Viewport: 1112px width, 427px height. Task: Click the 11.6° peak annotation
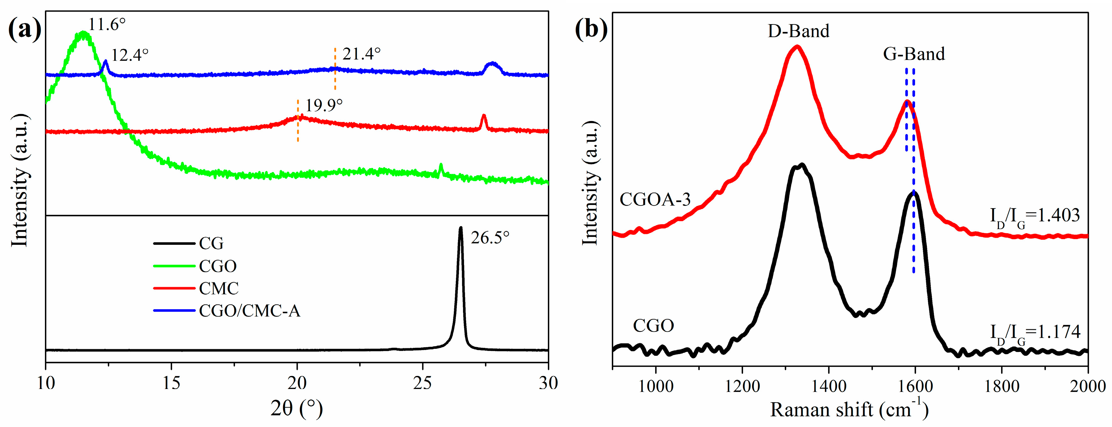pos(107,25)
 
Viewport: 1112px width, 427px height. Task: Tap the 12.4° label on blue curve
pos(130,55)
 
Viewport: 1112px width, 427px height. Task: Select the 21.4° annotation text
pos(362,54)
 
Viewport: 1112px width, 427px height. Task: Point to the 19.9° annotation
pos(324,105)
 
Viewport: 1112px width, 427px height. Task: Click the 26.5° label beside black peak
pos(490,238)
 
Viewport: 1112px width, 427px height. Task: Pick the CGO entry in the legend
pos(218,266)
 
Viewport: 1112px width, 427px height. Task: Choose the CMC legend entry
pos(219,288)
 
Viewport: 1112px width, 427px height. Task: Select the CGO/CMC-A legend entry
pos(249,311)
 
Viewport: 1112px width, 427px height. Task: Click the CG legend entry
pos(211,244)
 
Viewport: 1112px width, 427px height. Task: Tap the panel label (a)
pos(25,29)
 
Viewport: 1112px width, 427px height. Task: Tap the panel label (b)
pos(591,29)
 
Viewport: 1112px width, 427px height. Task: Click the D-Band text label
pos(798,31)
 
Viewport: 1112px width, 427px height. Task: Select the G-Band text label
pos(914,54)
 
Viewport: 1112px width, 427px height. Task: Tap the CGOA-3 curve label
pos(655,200)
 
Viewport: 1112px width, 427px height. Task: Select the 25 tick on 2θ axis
pos(423,383)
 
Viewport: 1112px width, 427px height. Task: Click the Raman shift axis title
pos(849,409)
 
